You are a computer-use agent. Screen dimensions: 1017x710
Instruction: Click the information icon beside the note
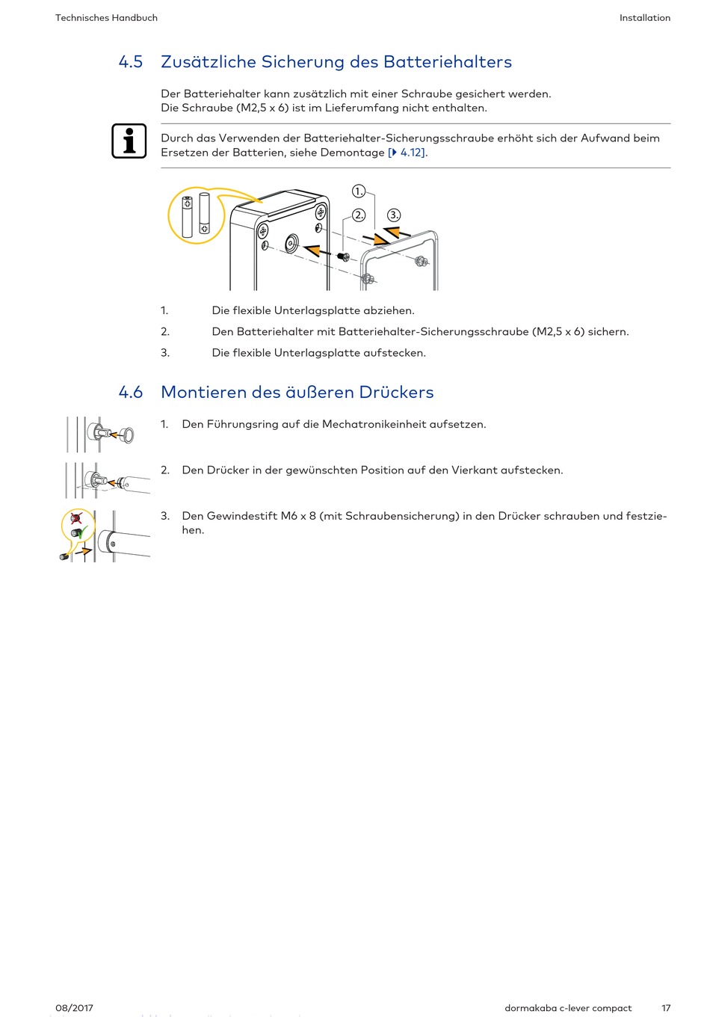tap(129, 141)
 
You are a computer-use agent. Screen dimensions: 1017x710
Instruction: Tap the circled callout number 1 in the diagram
tap(359, 191)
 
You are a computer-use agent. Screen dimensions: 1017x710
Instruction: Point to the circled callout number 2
tap(359, 215)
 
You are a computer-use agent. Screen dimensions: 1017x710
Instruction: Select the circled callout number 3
tap(394, 215)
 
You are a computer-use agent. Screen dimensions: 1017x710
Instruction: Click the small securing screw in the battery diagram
tap(343, 256)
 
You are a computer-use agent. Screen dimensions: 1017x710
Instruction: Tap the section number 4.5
tap(131, 62)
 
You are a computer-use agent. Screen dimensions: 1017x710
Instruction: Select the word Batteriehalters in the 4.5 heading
tap(448, 62)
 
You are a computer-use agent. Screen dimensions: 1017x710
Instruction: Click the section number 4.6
tap(131, 393)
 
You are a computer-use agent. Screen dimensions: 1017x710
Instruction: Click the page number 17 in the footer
tap(666, 1008)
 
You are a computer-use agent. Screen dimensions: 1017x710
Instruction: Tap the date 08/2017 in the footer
tap(74, 1008)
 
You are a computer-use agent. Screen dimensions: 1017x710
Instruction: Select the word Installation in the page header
tap(645, 18)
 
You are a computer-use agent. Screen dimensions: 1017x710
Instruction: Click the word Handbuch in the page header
tap(135, 18)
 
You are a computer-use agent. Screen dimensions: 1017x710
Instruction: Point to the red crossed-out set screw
tap(75, 517)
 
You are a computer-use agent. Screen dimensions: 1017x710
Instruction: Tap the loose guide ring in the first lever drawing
tap(127, 434)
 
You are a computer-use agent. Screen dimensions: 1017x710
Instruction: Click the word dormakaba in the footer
tap(531, 1008)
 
